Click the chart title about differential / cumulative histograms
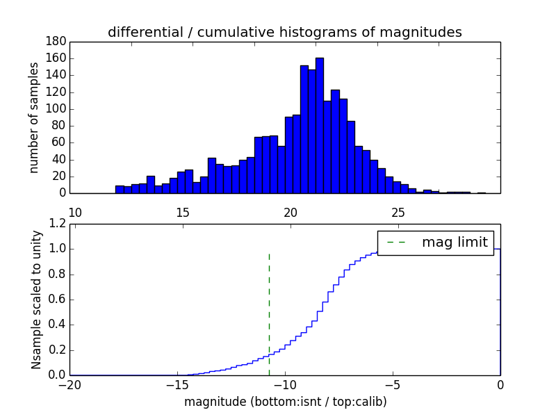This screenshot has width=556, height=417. coord(284,33)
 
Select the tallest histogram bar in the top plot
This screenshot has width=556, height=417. coord(320,125)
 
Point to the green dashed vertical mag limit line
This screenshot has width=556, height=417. coord(269,306)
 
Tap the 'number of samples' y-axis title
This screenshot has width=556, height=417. coord(33,117)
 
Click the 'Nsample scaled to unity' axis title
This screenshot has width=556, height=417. coord(36,299)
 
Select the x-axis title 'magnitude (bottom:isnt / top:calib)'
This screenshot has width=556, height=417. coord(285,402)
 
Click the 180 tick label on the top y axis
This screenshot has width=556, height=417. coord(56,42)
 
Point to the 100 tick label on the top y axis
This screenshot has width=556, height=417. coord(56,109)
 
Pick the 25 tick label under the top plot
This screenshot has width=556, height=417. coord(398,212)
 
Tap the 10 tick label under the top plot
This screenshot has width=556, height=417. coord(76,212)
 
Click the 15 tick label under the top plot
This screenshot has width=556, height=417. coord(183,212)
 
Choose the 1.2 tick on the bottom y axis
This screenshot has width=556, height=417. coord(57,224)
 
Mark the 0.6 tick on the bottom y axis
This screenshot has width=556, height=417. coord(57,300)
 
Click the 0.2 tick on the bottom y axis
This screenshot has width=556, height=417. coord(57,350)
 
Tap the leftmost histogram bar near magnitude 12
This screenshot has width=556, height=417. coord(120,189)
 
